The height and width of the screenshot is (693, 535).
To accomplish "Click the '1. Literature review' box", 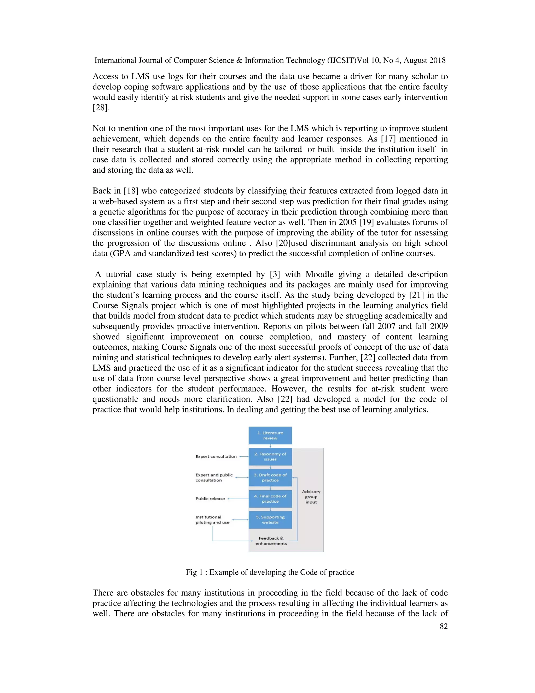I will point(270,435).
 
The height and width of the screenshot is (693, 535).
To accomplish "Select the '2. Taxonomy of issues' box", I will point(270,456).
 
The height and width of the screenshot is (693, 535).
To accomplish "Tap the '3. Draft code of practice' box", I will point(270,477).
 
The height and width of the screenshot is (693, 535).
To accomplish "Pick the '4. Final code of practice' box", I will point(270,498).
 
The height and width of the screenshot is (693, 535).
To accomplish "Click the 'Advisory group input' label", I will point(311,497).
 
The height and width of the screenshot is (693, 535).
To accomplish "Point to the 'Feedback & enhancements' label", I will point(271,541).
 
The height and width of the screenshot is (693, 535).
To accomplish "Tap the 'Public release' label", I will point(210,498).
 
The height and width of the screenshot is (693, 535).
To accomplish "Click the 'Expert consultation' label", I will point(216,456).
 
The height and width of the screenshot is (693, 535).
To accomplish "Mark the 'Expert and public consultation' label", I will point(214,477).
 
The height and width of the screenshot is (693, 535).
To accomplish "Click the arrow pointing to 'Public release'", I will point(238,499).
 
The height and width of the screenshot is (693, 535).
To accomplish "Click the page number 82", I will point(444,626).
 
